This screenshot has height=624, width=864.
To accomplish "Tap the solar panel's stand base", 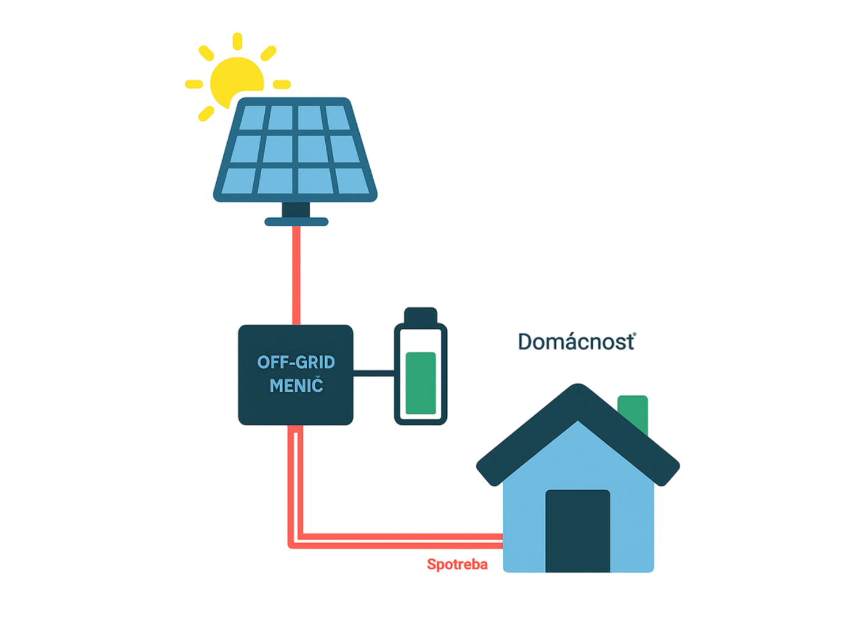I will click(296, 222).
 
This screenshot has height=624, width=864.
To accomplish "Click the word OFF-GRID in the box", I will click(296, 363).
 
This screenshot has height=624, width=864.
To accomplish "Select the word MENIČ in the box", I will click(296, 386).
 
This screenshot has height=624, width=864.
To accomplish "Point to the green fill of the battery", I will click(421, 383).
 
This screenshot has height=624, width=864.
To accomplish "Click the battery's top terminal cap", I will click(420, 315).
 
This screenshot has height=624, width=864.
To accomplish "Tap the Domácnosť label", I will click(575, 342).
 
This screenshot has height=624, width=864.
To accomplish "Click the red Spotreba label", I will click(457, 565).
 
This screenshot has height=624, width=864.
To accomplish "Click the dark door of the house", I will click(577, 530).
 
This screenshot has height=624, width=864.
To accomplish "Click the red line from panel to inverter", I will click(297, 274).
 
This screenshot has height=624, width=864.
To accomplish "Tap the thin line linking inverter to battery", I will click(373, 372).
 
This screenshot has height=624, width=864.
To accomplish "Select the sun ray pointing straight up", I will click(237, 41).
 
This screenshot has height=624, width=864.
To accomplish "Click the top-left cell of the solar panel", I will click(252, 118).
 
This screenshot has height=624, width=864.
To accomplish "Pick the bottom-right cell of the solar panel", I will click(353, 180).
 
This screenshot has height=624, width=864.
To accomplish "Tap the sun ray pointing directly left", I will click(194, 84).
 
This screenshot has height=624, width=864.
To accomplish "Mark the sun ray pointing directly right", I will click(282, 83).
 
